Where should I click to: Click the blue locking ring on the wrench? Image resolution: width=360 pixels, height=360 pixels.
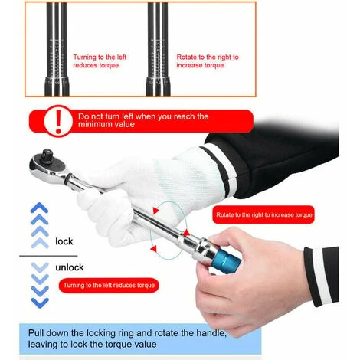227,259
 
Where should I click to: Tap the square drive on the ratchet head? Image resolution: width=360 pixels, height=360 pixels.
47,155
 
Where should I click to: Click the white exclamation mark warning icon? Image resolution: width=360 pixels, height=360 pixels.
58,121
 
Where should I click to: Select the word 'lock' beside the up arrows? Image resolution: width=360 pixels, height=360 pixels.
64,241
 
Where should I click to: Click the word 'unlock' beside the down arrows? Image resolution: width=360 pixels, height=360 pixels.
70,267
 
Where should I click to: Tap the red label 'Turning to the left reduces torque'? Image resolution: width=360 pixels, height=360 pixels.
109,285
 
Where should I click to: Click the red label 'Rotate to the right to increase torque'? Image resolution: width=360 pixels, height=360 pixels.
263,214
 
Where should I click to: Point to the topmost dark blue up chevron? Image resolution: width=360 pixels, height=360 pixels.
39,208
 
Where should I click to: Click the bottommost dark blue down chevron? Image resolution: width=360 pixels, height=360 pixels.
40,303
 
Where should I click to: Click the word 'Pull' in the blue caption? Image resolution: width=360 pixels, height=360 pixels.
36,333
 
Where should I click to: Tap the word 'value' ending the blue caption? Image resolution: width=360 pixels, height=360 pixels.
146,344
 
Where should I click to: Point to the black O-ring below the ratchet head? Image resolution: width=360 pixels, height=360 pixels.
67,178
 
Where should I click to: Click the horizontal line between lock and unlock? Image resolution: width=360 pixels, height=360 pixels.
48,256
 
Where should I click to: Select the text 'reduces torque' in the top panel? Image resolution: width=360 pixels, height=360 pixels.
96,65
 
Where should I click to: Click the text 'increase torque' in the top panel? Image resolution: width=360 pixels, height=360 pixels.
200,65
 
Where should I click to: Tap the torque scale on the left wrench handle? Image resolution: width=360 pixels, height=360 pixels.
57,59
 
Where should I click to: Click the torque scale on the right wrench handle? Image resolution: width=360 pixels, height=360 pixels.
158,59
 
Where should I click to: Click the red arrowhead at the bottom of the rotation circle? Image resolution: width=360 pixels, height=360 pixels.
154,248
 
